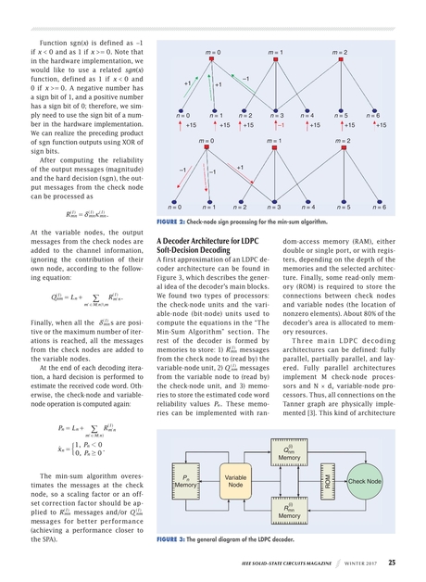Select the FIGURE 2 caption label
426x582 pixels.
tap(172, 223)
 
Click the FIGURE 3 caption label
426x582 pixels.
tap(172, 538)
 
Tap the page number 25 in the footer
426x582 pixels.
tap(393, 562)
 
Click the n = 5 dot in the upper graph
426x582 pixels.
tap(342, 108)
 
